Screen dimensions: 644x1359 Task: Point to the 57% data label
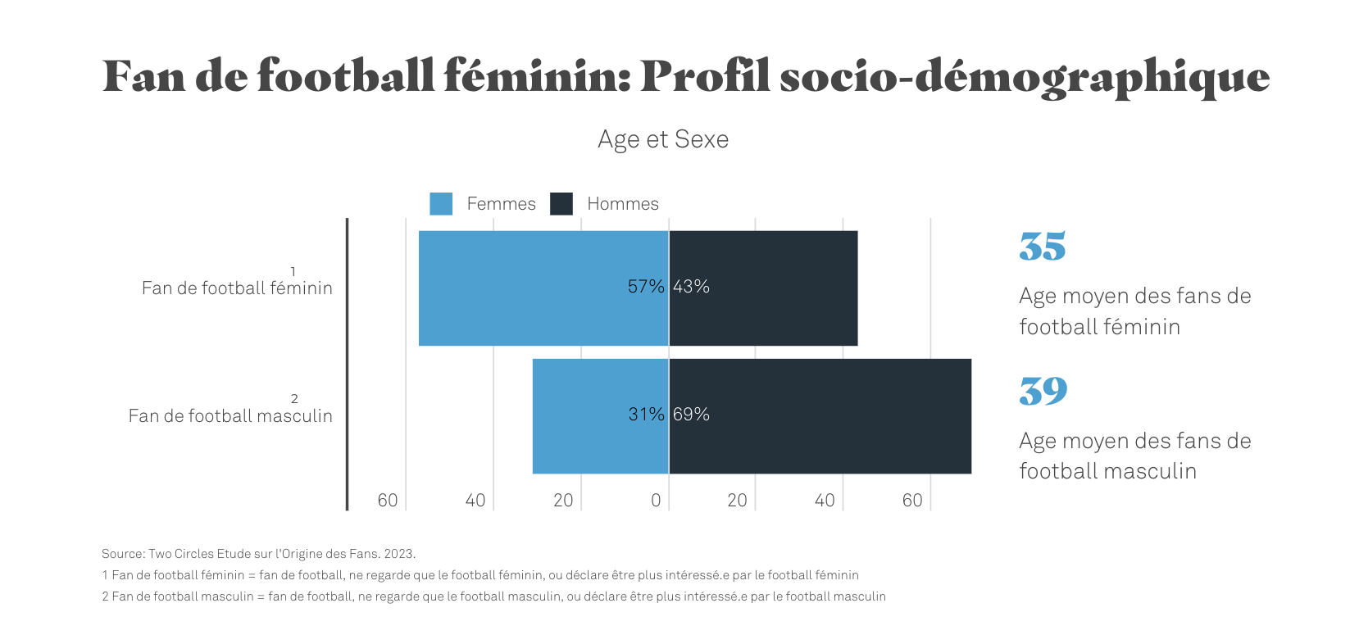point(646,287)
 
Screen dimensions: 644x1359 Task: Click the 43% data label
point(691,287)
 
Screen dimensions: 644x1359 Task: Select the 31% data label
point(646,415)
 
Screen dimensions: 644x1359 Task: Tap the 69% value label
point(691,415)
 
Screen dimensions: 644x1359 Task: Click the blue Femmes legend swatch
point(441,204)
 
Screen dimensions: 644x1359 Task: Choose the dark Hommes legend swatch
point(561,204)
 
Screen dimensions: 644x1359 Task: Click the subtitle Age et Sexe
point(663,139)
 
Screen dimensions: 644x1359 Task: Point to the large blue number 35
point(1042,247)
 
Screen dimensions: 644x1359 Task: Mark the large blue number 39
point(1043,392)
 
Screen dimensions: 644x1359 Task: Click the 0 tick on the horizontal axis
point(656,501)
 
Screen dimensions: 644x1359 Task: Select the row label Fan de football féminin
point(237,288)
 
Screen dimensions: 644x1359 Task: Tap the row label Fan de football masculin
point(230,415)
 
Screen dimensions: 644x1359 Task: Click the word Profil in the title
point(705,76)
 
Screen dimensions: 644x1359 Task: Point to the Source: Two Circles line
point(258,554)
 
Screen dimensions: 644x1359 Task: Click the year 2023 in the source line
point(399,554)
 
